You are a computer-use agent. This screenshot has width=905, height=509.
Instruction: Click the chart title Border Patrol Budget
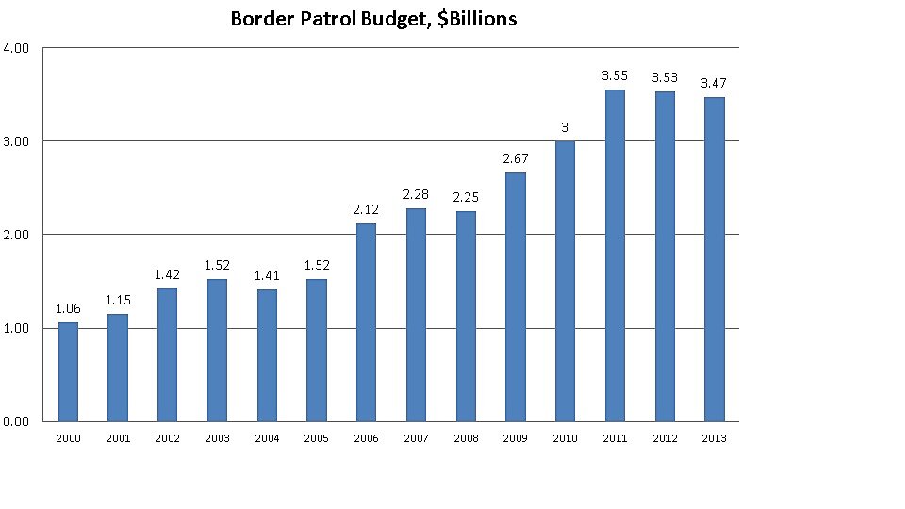point(373,19)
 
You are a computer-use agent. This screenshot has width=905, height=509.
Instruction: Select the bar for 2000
point(68,371)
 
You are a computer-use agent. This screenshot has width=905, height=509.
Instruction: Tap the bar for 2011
point(614,255)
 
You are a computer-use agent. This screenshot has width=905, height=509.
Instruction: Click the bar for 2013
point(714,259)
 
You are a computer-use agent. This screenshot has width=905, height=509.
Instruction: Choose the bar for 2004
point(267,355)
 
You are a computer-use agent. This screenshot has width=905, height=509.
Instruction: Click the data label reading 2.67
point(515,157)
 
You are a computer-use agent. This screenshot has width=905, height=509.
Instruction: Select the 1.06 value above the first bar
point(68,307)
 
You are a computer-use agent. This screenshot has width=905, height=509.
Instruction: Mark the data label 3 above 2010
point(564,127)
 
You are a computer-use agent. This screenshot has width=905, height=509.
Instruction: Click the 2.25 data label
point(465,196)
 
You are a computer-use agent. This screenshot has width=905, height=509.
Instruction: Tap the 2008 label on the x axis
point(465,437)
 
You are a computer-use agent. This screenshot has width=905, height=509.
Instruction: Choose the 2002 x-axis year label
point(167,437)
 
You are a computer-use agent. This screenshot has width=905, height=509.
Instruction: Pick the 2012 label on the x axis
point(664,437)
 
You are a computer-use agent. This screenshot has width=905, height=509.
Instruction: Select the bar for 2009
point(515,297)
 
